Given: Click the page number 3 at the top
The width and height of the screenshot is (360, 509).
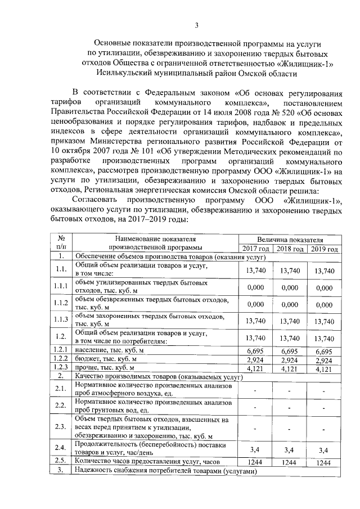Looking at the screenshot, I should click(197, 25).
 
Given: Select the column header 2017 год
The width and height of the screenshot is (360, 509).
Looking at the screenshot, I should click(256, 249).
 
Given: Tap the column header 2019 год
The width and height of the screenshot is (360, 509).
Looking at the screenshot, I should click(325, 249).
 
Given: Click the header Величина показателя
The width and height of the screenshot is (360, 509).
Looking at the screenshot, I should click(290, 240).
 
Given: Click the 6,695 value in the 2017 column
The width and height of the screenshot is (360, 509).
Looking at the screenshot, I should click(256, 351).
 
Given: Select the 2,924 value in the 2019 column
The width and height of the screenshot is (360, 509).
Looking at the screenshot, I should click(325, 359).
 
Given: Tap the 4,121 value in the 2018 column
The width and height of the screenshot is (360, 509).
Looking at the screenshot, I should click(290, 368).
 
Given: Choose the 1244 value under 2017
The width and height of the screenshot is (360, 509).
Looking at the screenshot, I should click(256, 462).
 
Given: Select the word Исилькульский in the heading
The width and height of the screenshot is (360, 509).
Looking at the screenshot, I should click(124, 73).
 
